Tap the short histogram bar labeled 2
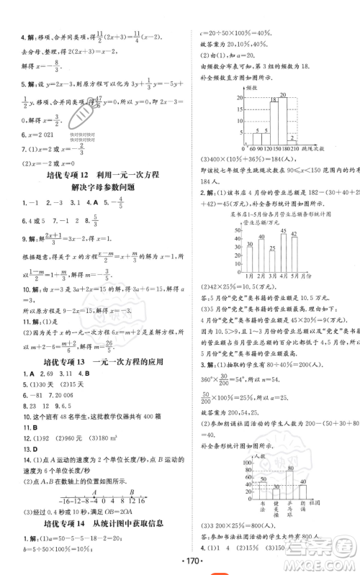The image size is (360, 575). point(292,139)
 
